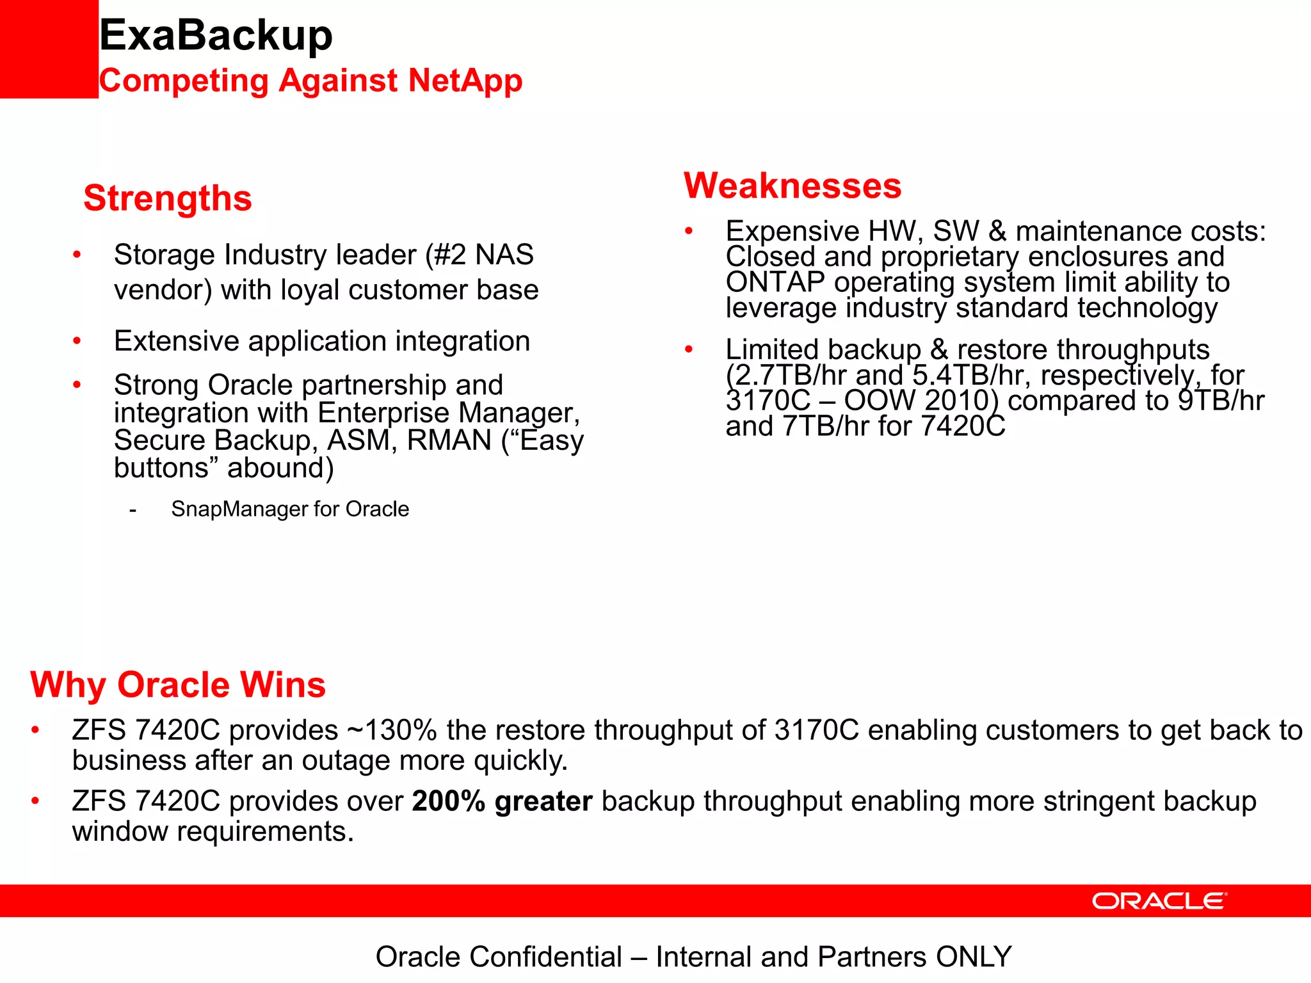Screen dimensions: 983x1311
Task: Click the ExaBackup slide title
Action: (x=216, y=35)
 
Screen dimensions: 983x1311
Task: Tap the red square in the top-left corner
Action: (x=49, y=49)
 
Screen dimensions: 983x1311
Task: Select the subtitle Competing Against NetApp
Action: (x=310, y=81)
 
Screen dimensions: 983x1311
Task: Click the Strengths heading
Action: (x=168, y=198)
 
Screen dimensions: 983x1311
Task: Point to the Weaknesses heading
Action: (x=792, y=186)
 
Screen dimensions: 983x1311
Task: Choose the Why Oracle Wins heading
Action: (x=178, y=684)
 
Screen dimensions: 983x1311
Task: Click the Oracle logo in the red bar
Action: (x=1159, y=901)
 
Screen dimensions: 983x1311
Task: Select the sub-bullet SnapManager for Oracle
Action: (x=290, y=509)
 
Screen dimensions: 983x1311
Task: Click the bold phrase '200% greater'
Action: (x=502, y=801)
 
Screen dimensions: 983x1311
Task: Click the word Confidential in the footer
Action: (x=545, y=957)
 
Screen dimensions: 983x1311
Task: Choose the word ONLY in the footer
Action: (x=973, y=957)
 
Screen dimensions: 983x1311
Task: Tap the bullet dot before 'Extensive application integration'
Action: (x=77, y=341)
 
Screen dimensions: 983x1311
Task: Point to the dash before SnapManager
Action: (x=133, y=510)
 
